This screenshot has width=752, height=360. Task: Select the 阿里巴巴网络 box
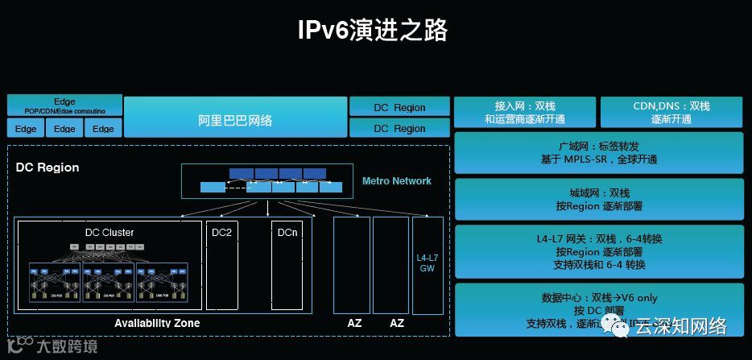[235, 120]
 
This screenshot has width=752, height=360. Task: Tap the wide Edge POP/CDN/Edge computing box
[64, 106]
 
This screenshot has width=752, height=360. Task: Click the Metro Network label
[396, 181]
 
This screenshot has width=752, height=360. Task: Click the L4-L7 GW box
[427, 264]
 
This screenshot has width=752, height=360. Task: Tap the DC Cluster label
[109, 233]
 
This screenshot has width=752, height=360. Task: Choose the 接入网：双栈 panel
[524, 112]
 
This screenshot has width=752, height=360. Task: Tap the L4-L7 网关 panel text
[598, 239]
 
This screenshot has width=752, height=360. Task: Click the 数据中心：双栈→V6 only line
[598, 297]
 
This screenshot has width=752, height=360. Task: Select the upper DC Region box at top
[399, 107]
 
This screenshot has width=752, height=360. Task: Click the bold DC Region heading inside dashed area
[48, 168]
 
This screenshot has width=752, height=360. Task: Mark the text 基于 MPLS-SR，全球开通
[598, 159]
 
